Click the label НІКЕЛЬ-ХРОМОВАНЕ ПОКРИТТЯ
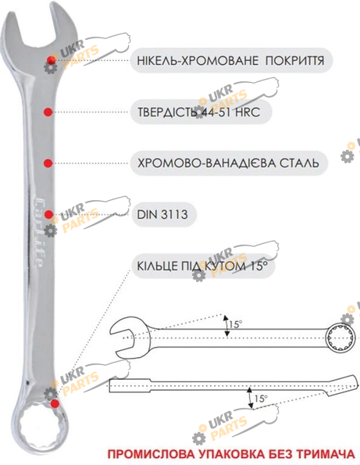point(230,60)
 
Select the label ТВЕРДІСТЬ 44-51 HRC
point(198,112)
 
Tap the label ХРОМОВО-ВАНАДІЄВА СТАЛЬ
point(228,163)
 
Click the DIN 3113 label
point(162,214)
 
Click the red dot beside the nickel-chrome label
point(52,59)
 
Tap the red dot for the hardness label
point(48,112)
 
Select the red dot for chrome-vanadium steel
point(48,163)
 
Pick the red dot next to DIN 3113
point(48,214)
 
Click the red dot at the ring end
point(55,403)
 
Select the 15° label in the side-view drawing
point(261,399)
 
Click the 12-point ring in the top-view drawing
point(340,338)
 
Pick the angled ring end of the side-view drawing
point(340,385)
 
